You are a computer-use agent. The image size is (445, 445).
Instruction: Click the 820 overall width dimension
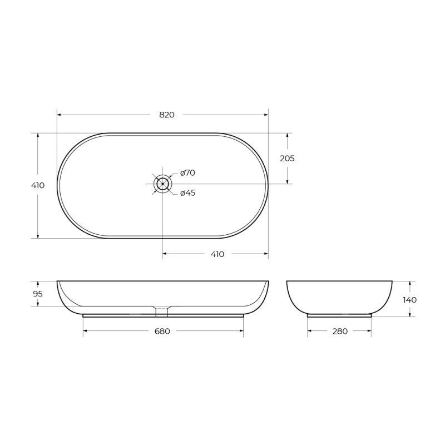[167, 115]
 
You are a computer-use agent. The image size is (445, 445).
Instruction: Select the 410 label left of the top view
[38, 185]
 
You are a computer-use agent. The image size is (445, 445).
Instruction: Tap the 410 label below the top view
[217, 254]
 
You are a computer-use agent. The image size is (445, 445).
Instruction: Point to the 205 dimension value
[287, 159]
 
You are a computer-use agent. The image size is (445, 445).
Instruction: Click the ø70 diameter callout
[187, 173]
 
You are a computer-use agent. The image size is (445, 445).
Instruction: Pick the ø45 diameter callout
[187, 193]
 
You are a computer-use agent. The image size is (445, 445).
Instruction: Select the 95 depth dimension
[38, 294]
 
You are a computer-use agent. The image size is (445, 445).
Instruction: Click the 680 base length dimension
[162, 331]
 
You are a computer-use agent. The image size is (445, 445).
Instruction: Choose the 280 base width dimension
[339, 331]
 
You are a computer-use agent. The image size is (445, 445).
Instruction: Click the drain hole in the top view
[162, 184]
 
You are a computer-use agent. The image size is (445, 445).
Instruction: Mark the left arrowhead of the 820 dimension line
[59, 115]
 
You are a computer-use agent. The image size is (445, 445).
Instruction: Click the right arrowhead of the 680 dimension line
[241, 331]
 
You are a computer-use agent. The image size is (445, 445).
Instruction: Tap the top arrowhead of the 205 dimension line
[287, 135]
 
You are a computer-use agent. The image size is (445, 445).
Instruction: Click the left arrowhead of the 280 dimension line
[310, 331]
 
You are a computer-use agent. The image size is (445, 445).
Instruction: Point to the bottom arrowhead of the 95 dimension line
[38, 304]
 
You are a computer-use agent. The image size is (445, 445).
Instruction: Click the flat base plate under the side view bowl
[339, 315]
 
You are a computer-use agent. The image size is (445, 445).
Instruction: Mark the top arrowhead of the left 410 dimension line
[38, 135]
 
